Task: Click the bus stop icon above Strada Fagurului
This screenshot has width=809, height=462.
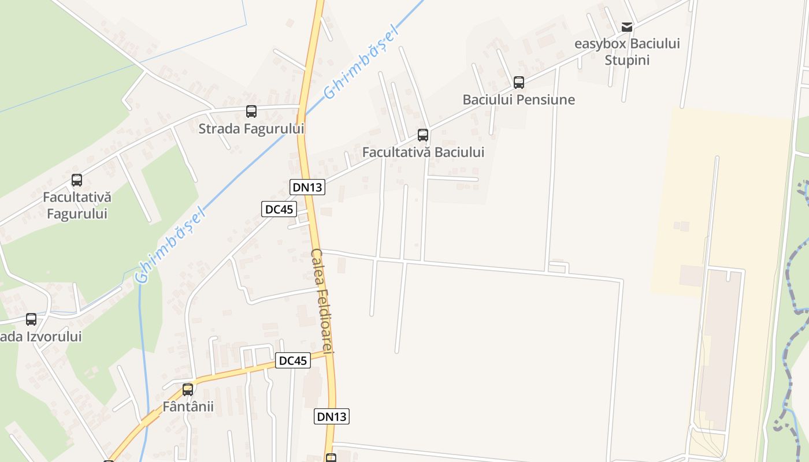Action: pyautogui.click(x=251, y=111)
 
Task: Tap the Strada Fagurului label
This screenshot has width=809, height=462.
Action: pyautogui.click(x=251, y=128)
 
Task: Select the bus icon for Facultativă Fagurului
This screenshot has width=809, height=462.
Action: pyautogui.click(x=77, y=180)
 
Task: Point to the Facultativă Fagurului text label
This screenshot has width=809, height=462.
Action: pyautogui.click(x=77, y=205)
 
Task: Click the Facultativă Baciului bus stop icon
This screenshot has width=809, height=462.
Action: pyautogui.click(x=423, y=135)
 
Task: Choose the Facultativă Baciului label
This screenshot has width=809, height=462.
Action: pyautogui.click(x=423, y=152)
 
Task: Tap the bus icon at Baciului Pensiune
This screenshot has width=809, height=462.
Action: pyautogui.click(x=519, y=83)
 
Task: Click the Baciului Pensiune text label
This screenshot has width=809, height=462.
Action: pyautogui.click(x=518, y=99)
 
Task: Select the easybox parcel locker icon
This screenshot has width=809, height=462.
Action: pyautogui.click(x=627, y=27)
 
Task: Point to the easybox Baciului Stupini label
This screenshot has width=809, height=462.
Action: pyautogui.click(x=627, y=51)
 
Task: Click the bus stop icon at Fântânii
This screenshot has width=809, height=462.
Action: pyautogui.click(x=188, y=390)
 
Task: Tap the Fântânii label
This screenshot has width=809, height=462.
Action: pyautogui.click(x=188, y=406)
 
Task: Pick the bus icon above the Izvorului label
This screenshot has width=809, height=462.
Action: pyautogui.click(x=31, y=319)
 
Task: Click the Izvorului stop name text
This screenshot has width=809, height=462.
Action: pyautogui.click(x=40, y=336)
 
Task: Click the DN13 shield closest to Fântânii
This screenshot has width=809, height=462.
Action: pyautogui.click(x=332, y=416)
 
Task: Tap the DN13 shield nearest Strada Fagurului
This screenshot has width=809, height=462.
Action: pyautogui.click(x=307, y=187)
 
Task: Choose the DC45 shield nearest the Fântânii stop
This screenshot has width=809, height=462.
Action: pyautogui.click(x=292, y=360)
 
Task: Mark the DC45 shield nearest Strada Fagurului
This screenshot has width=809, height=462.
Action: pyautogui.click(x=279, y=208)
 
